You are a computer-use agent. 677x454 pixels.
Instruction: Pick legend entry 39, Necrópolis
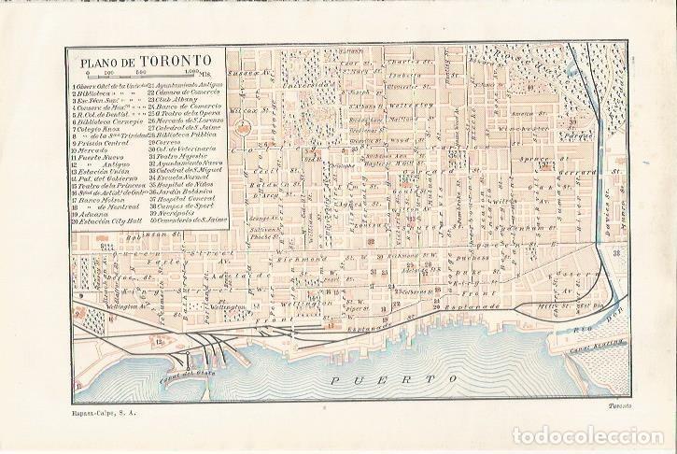click(175, 211)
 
